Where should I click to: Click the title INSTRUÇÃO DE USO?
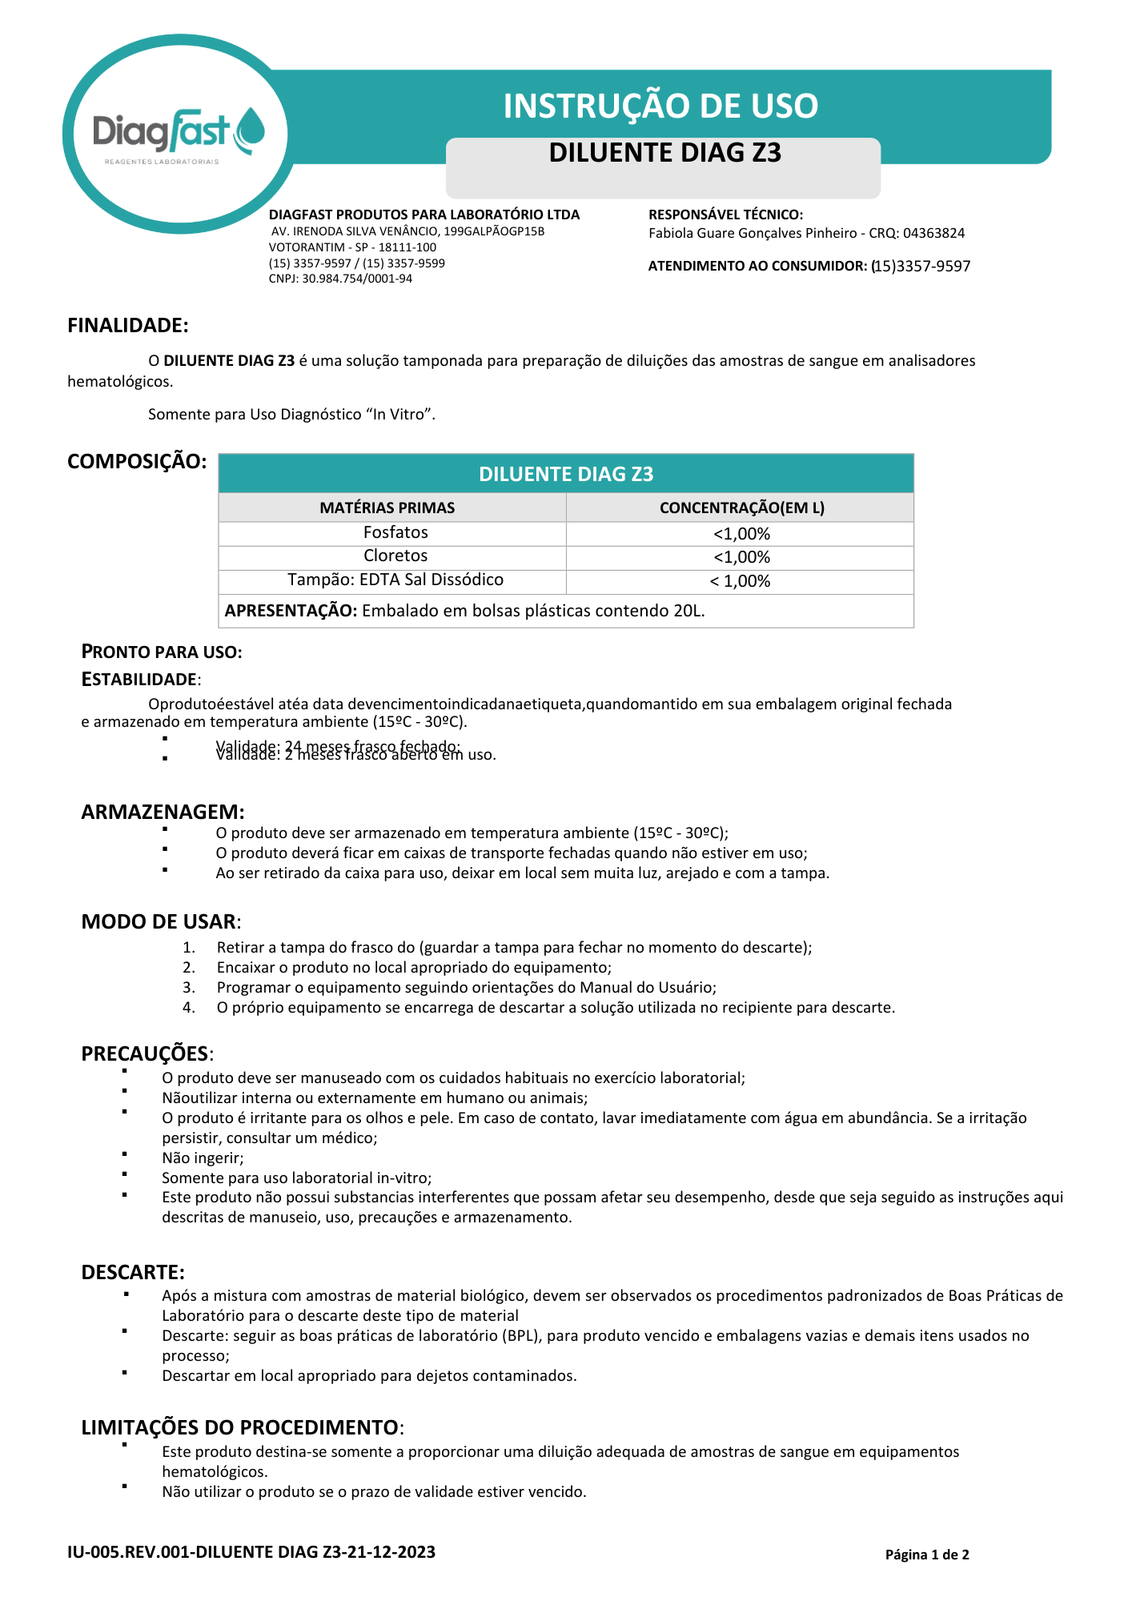click(x=660, y=106)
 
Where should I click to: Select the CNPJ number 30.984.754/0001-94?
click(x=357, y=279)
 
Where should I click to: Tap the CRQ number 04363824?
click(x=933, y=233)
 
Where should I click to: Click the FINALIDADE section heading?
click(x=127, y=326)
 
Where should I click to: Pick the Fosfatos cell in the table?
click(x=395, y=533)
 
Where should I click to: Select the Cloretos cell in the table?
click(x=395, y=556)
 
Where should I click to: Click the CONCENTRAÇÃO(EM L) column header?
click(x=741, y=508)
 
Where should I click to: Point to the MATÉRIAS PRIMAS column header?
click(x=387, y=508)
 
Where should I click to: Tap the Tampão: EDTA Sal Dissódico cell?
click(x=395, y=580)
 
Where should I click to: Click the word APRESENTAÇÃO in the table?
click(x=291, y=611)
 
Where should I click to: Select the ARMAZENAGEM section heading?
click(x=163, y=812)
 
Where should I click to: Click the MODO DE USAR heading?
click(x=159, y=921)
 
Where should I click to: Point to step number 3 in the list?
click(x=189, y=988)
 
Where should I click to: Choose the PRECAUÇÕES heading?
click(x=145, y=1053)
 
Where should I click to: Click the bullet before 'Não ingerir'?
click(x=126, y=1154)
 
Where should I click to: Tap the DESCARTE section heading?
click(x=133, y=1272)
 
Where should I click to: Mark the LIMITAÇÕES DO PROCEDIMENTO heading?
click(x=239, y=1427)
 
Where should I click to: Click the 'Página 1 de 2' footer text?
click(x=927, y=1555)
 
